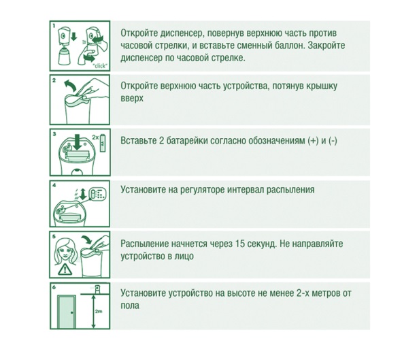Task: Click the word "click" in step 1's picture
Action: click(x=100, y=66)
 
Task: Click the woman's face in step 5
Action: click(x=66, y=252)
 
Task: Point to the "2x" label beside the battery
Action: click(x=95, y=137)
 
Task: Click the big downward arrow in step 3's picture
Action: click(x=77, y=142)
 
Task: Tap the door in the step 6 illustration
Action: click(x=67, y=312)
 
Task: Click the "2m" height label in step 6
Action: click(x=99, y=311)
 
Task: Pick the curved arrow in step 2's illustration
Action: click(x=69, y=85)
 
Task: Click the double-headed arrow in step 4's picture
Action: click(x=82, y=194)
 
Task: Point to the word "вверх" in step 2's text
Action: click(x=132, y=98)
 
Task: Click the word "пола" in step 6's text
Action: click(x=130, y=306)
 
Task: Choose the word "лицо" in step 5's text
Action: click(x=184, y=256)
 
